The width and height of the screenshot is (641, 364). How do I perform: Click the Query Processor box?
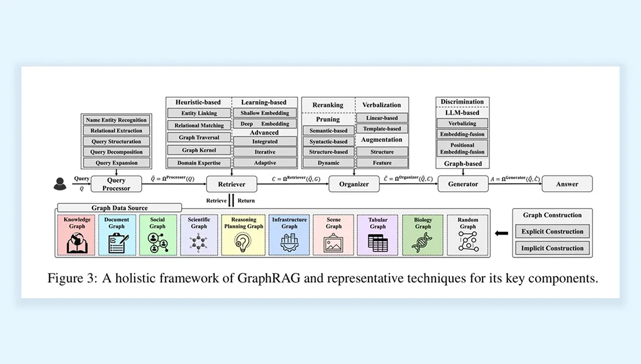[x=116, y=184]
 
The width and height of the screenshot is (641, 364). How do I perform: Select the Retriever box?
[x=231, y=184]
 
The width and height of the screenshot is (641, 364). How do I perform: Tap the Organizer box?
[x=353, y=184]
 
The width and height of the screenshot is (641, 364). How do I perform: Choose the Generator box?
[x=462, y=184]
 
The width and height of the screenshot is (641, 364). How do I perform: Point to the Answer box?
[x=568, y=184]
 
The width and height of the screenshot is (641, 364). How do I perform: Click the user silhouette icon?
[x=60, y=184]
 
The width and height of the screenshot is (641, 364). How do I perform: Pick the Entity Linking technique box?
[x=199, y=113]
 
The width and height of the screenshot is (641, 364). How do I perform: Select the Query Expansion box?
[x=116, y=163]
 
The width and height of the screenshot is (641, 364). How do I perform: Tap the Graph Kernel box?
[x=199, y=150]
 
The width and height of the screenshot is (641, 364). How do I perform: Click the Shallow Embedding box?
[x=264, y=113]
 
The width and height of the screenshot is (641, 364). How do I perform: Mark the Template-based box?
[x=382, y=129]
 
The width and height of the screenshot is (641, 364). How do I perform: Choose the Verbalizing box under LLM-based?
[x=462, y=123]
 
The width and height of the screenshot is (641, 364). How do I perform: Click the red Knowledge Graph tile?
[x=77, y=235]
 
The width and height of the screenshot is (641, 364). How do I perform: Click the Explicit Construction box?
[x=552, y=232]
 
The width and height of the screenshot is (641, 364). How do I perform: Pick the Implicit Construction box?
[x=552, y=248]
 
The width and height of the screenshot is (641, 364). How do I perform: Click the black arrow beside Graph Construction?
[x=503, y=234]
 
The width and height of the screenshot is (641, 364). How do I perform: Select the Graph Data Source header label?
[x=120, y=208]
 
